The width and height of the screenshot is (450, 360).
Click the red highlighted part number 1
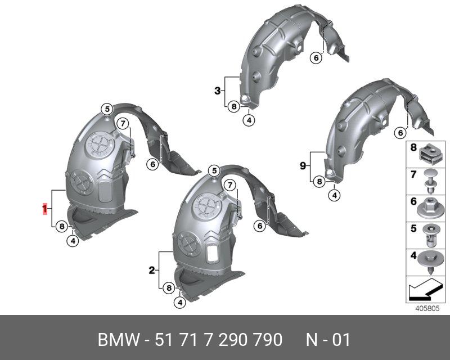pos(45,209)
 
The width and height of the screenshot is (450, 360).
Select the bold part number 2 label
pos(152,270)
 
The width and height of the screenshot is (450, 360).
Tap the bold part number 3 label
pos(218,91)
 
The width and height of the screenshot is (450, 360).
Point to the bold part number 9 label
pos(303,166)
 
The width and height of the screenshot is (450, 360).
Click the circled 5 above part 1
pos(107,109)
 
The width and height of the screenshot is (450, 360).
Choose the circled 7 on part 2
pos(230,186)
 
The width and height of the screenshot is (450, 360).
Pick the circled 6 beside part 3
pos(316,58)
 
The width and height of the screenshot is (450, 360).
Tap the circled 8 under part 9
pos(319,182)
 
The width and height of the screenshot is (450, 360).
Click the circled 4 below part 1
pos(73,241)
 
